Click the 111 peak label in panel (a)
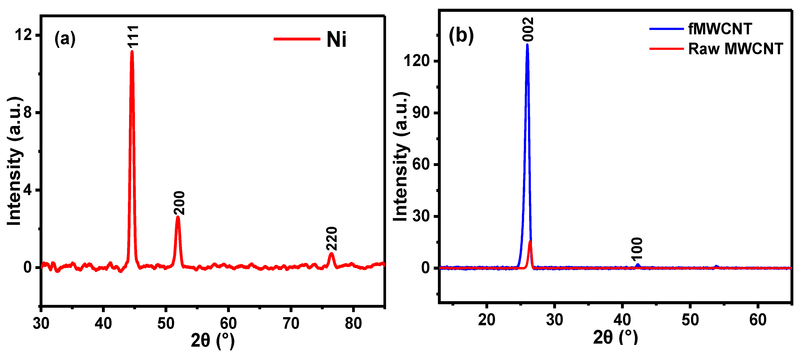pos(133,36)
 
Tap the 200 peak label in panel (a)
pos(179,203)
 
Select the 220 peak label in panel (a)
pos(332,239)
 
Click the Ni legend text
pos(336,40)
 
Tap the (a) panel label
pos(65,39)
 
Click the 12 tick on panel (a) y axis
pos(24,35)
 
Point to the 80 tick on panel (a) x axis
pos(353,323)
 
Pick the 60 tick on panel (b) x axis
pos(758,320)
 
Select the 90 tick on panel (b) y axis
pos(421,113)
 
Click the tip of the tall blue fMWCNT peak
pos(527,45)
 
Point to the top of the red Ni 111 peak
pos(132,52)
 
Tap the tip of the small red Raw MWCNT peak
pos(530,241)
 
